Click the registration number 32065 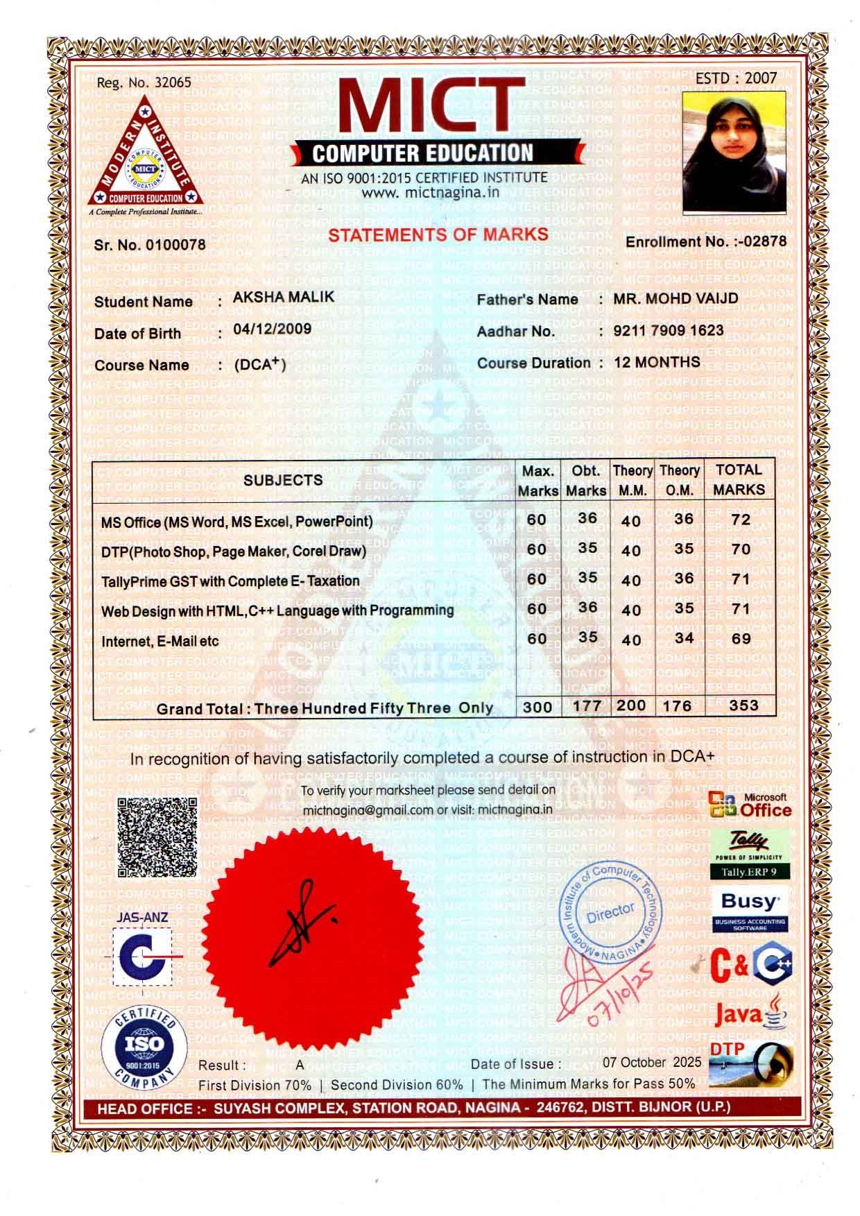point(172,82)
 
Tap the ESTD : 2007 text point(736,78)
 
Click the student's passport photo point(734,153)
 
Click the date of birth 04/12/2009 point(272,328)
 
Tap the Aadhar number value point(668,330)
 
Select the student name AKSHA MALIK point(283,297)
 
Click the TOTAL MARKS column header point(739,479)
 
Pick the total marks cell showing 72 point(740,520)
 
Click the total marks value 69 point(740,638)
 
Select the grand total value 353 point(743,705)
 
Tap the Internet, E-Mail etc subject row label point(160,641)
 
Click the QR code point(157,837)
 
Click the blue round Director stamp point(610,913)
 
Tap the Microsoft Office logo point(750,805)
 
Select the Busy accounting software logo point(750,909)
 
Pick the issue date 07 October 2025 point(651,1062)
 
